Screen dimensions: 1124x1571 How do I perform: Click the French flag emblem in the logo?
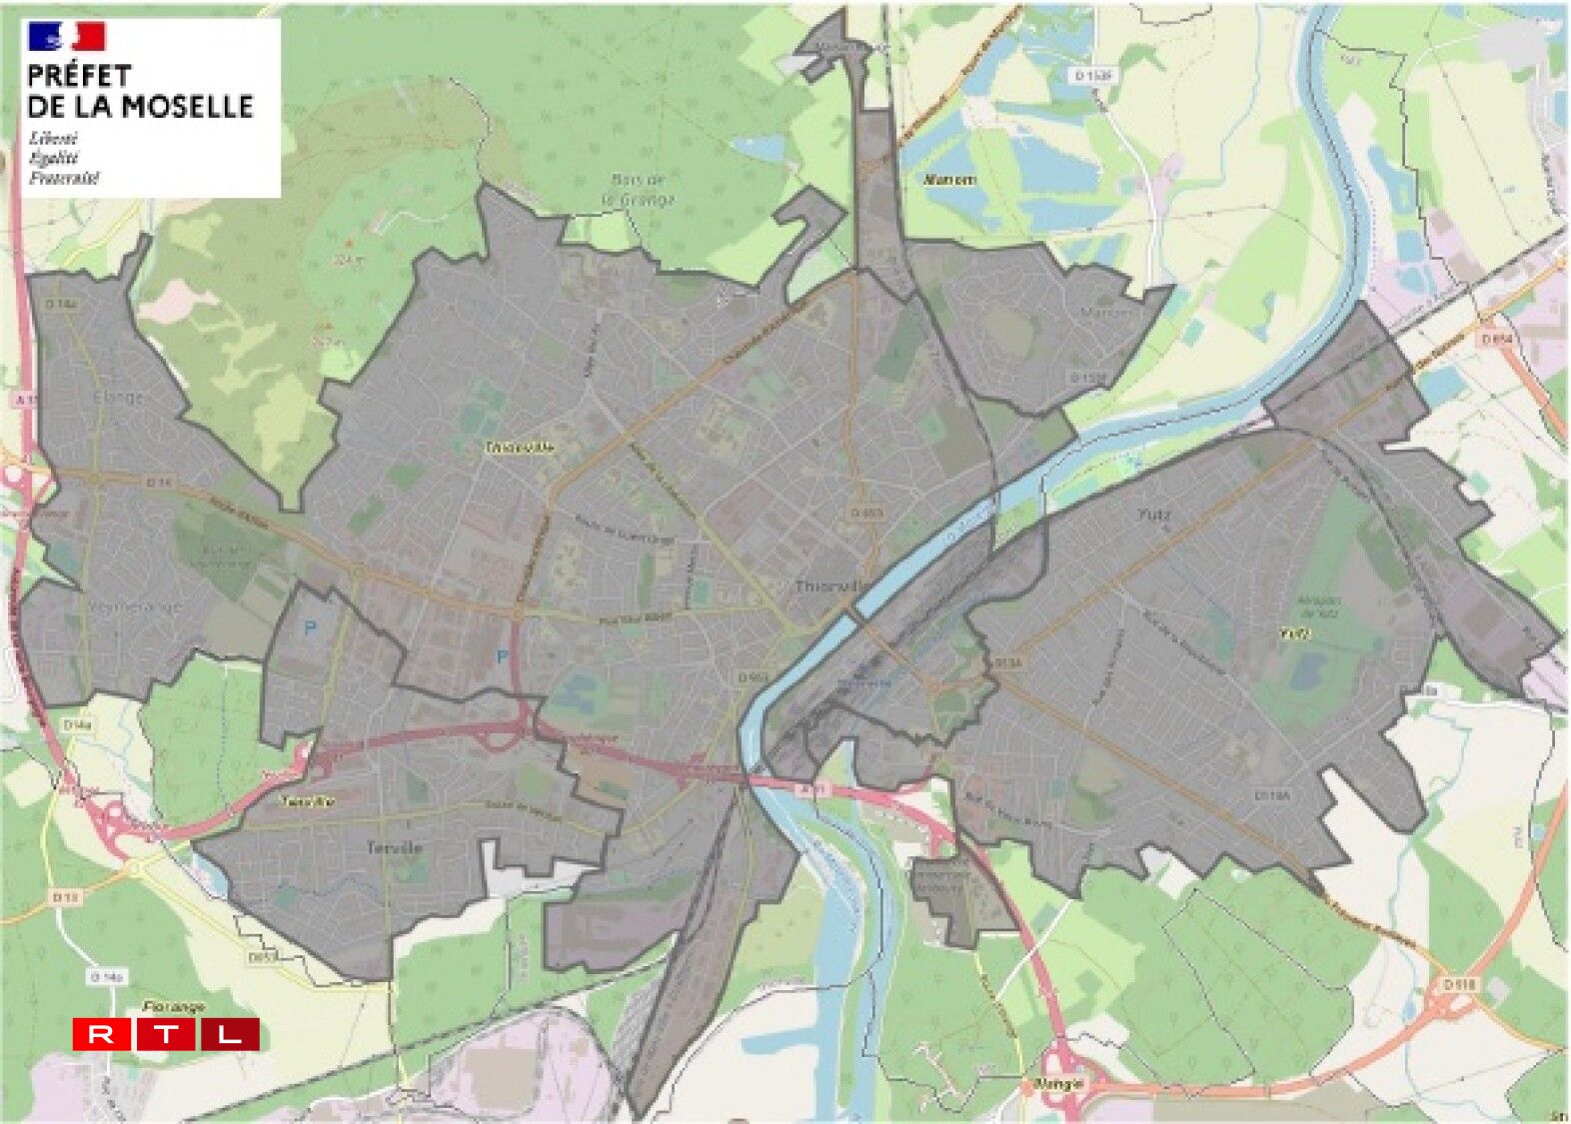pos(67,37)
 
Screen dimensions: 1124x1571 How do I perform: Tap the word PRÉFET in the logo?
pos(79,76)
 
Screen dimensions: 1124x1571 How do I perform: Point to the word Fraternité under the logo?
pos(64,179)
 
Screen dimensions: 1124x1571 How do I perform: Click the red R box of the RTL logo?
pos(101,1034)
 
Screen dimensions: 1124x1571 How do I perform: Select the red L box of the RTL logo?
pos(230,1034)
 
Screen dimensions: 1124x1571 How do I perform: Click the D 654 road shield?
pos(1496,340)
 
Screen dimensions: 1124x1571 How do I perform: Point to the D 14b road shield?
pos(106,976)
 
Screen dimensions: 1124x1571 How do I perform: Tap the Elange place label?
pos(119,397)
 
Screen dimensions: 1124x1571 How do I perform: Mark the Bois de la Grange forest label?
pos(638,189)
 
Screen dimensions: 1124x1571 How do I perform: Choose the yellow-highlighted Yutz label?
pos(1294,632)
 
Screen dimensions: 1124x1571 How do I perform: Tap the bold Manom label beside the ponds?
pos(950,180)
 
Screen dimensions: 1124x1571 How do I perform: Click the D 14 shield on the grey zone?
pos(158,483)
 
